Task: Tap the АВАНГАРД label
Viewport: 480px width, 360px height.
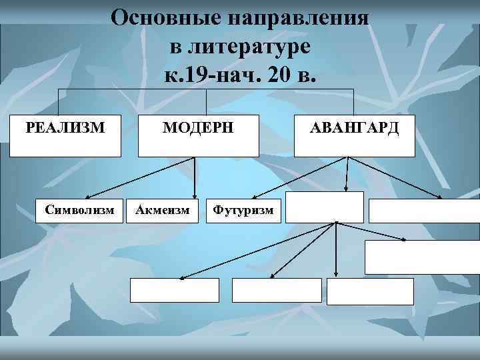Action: coord(355,127)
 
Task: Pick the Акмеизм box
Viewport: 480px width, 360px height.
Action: coord(162,211)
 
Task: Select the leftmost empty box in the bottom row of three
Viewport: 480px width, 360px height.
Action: coord(174,290)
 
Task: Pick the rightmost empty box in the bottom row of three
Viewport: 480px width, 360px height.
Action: coord(370,291)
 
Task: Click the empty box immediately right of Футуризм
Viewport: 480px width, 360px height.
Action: coord(325,207)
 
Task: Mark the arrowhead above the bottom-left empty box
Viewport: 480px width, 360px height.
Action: coord(181,276)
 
